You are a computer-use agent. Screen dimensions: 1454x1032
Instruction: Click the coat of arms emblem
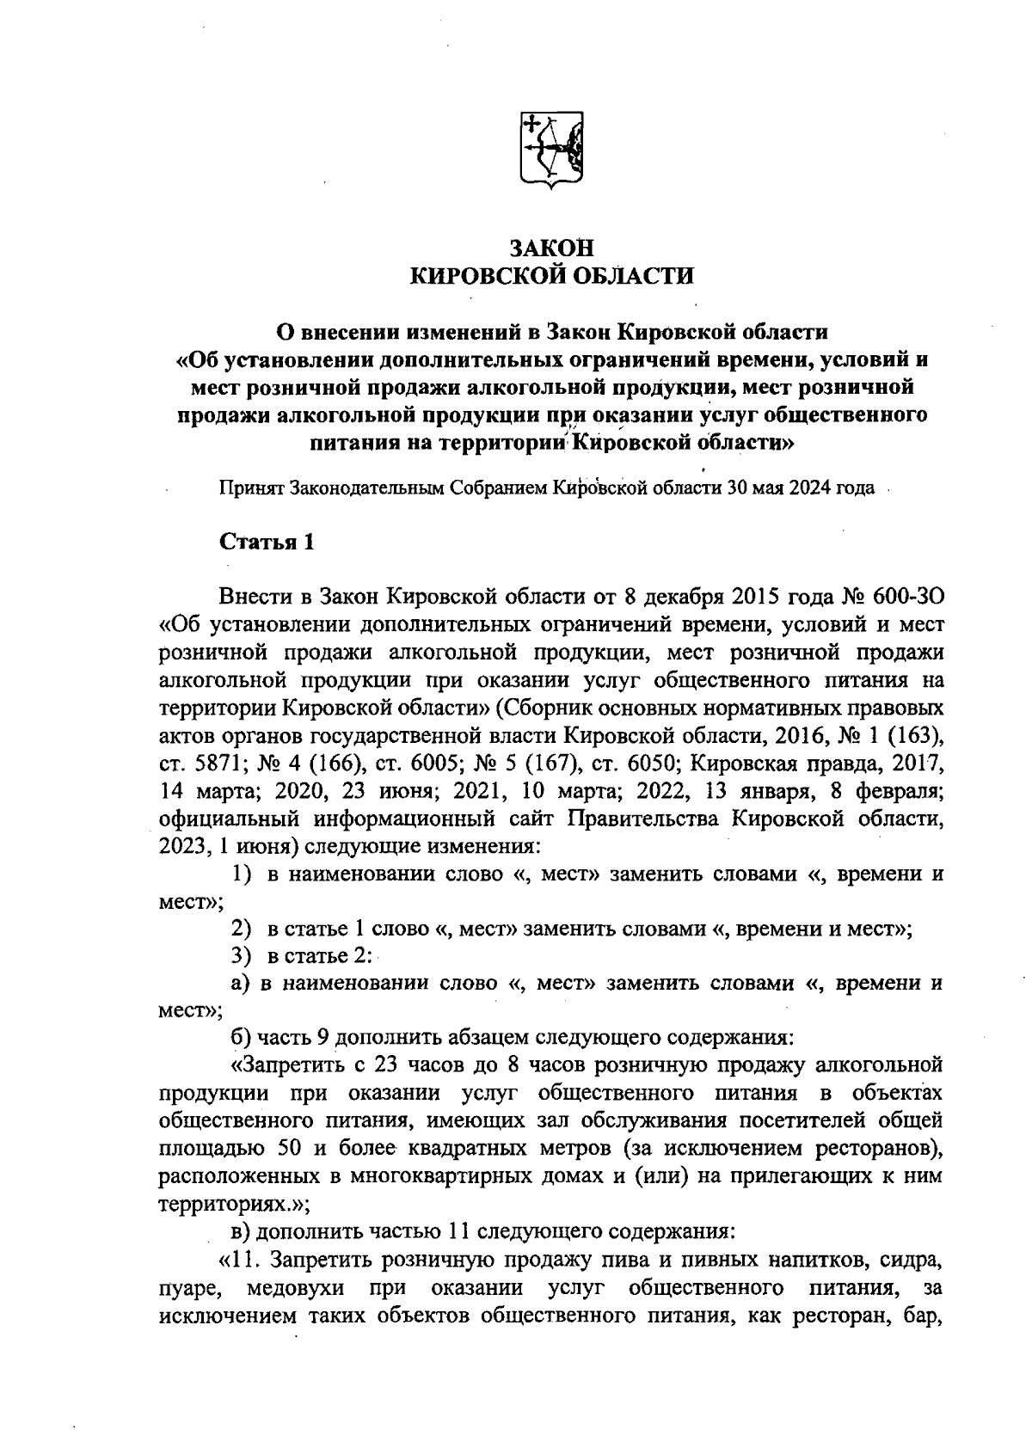pyautogui.click(x=552, y=148)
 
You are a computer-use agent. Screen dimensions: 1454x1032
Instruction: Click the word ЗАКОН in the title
pyautogui.click(x=551, y=248)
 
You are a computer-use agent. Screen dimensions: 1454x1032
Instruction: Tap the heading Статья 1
pyautogui.click(x=267, y=542)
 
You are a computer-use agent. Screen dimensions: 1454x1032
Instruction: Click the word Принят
pyautogui.click(x=250, y=488)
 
